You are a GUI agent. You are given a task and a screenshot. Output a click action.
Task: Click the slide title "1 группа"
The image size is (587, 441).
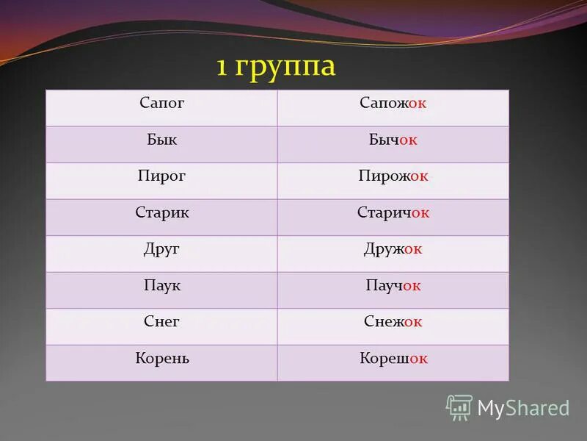275,67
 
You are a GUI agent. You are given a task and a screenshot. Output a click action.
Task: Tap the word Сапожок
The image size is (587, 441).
393,104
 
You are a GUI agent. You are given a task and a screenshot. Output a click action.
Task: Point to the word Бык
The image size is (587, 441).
161,140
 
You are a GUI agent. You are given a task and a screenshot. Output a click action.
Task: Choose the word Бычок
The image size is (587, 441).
393,140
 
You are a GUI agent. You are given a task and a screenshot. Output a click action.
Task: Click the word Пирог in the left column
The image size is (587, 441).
161,176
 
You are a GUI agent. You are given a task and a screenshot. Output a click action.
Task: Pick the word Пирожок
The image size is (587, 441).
393,176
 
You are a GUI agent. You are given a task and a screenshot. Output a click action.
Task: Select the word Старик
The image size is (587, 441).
162,212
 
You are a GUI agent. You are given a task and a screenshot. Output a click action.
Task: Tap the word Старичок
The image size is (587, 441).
393,212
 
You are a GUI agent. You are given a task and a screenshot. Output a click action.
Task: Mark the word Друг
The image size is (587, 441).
161,249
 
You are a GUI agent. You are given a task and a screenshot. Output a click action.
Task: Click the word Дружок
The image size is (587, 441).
393,249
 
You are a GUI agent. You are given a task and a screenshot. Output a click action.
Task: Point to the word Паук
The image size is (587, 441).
161,285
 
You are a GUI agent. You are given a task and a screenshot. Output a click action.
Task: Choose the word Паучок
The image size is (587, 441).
393,285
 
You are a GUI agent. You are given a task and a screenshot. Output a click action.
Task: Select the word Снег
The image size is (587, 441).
161,321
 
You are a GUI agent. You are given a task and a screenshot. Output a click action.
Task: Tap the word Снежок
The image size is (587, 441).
393,321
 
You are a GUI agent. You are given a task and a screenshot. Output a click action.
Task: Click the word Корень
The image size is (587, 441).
162,359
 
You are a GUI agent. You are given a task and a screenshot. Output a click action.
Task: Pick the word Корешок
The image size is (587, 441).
393,359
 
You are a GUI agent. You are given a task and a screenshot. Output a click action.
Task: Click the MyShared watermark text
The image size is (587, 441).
523,408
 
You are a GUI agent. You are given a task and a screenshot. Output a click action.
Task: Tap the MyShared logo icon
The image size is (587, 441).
459,407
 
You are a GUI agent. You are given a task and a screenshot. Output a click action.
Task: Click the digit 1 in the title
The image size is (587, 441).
221,67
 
